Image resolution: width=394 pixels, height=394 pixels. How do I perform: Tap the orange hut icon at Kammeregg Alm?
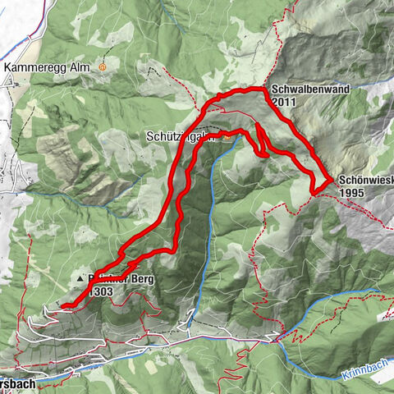pyautogui.click(x=103, y=66)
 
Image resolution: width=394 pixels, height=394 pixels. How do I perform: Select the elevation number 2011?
pyautogui.click(x=287, y=102)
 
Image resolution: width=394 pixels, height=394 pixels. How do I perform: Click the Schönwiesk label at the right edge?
pyautogui.click(x=364, y=181)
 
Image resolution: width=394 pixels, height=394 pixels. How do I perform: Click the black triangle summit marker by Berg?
pyautogui.click(x=80, y=280)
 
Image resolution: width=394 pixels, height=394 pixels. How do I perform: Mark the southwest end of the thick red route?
pyautogui.click(x=63, y=306)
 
